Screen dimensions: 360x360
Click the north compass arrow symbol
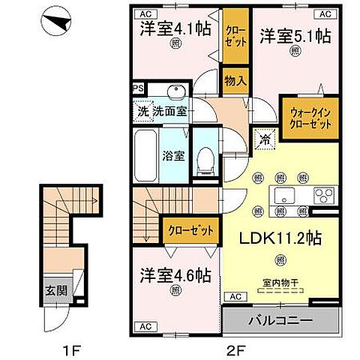coord(57,23)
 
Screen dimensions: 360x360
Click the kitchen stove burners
coord(323,197)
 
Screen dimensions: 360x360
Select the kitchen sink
coord(286,197)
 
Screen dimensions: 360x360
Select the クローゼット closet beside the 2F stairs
coord(190,230)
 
